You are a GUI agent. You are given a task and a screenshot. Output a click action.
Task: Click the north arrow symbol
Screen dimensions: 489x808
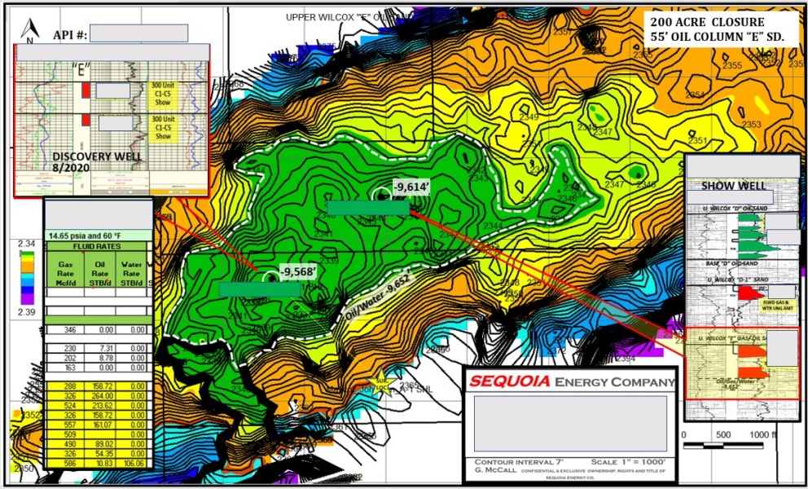29,33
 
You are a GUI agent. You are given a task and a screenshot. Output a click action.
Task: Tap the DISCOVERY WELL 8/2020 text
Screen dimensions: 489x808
86,163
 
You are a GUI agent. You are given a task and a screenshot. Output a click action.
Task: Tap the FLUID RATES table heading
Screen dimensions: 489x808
89,244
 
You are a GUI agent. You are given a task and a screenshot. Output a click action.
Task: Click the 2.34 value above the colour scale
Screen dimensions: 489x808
26,242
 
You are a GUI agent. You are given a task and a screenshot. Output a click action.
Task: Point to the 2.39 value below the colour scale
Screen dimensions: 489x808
26,312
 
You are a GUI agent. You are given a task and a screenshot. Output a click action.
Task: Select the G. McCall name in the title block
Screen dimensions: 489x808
493,472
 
